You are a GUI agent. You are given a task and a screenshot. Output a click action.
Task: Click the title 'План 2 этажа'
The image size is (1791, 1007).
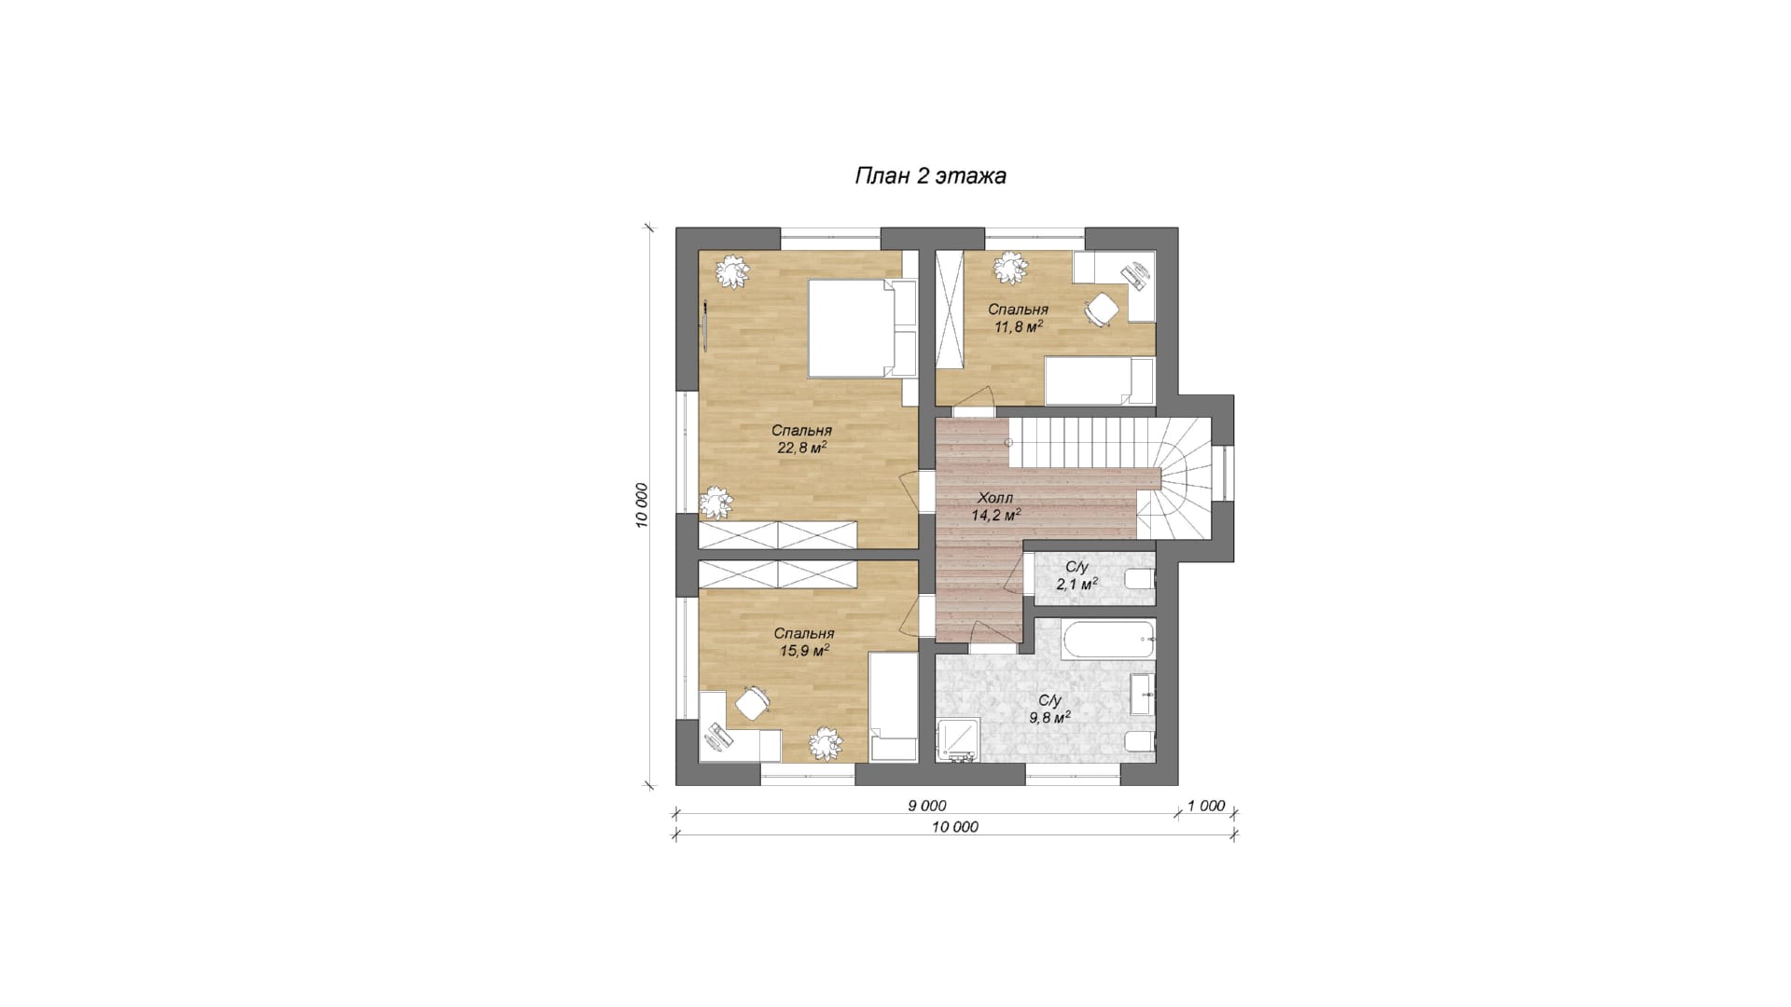pos(930,176)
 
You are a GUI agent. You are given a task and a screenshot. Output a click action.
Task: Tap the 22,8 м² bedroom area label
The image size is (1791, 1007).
pos(801,439)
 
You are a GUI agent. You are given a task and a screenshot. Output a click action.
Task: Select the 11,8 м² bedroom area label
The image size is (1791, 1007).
pos(1018,318)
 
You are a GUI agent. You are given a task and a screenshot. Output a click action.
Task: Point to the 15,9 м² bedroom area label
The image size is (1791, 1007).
pos(804,642)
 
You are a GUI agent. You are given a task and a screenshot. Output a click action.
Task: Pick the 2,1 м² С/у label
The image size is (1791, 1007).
pos(1076,575)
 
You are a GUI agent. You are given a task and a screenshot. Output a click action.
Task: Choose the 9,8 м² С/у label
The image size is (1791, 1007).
pos(1049,709)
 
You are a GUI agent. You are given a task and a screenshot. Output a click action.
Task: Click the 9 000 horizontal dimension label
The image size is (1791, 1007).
pos(926,806)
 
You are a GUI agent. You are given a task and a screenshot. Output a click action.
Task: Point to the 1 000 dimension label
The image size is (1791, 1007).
pos(1205,807)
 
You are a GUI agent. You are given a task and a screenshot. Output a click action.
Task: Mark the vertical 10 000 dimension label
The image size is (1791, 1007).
pos(642,506)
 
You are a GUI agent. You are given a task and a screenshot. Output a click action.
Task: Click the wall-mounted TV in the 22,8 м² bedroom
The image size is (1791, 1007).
pos(705,327)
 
